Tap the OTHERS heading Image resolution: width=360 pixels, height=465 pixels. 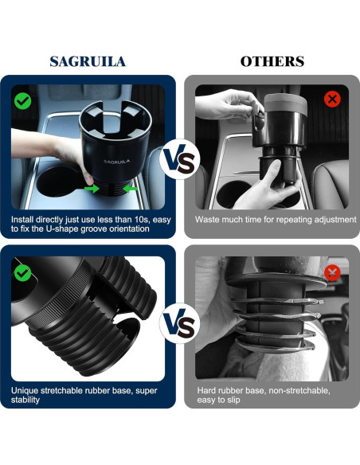[272, 61]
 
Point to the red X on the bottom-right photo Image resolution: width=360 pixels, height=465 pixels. [332, 273]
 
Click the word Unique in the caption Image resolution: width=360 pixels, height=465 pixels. [26, 391]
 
